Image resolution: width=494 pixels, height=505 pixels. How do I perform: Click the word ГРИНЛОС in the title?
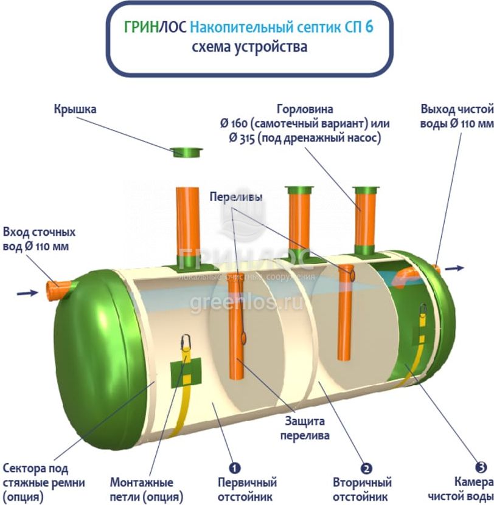[x=155, y=27]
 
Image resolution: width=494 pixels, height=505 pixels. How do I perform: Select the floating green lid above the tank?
[x=187, y=151]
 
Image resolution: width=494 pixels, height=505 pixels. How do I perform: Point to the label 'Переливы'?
[x=236, y=198]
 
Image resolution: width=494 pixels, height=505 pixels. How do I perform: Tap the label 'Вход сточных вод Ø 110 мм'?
[x=38, y=239]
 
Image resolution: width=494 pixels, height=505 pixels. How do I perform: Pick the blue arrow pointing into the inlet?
[x=27, y=293]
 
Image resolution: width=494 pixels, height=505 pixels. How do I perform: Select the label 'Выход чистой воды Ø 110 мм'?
[x=456, y=116]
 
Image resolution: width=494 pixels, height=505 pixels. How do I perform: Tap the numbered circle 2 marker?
[x=366, y=468]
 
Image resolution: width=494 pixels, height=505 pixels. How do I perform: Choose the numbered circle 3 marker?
[x=481, y=467]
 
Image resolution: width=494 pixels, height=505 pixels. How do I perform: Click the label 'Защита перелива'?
[x=304, y=428]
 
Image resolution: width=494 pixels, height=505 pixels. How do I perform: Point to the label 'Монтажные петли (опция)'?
[x=142, y=489]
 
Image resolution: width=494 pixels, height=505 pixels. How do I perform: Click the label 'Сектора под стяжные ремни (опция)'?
[x=44, y=483]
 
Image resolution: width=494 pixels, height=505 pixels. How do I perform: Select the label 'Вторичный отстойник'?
[x=362, y=490]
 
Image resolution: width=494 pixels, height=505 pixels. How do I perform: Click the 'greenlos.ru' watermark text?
[x=246, y=303]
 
